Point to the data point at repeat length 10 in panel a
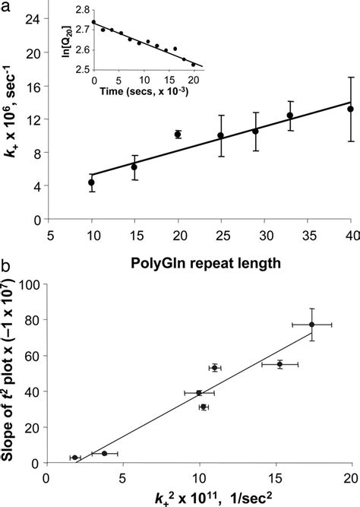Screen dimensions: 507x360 click(91, 182)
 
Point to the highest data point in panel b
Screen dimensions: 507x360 click(311, 325)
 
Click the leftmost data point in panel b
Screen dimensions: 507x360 click(74, 458)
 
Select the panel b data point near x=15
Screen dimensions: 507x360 click(279, 365)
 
